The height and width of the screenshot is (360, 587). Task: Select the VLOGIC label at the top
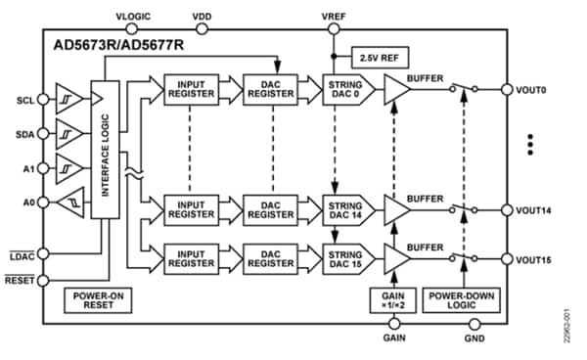click(x=134, y=17)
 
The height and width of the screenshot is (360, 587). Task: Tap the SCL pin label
click(x=25, y=101)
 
